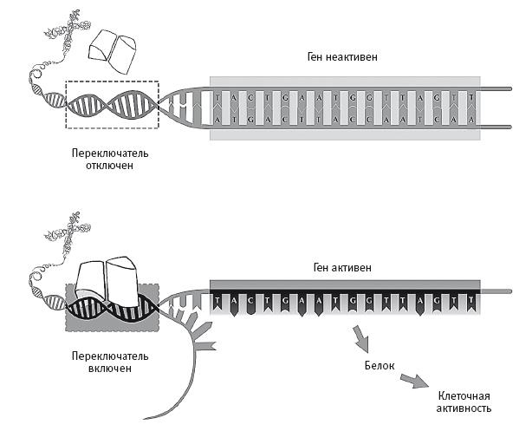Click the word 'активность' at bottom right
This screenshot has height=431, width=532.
click(x=464, y=407)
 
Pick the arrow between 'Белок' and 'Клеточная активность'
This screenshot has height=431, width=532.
click(x=417, y=381)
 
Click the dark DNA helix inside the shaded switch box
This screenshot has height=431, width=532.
click(x=112, y=308)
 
